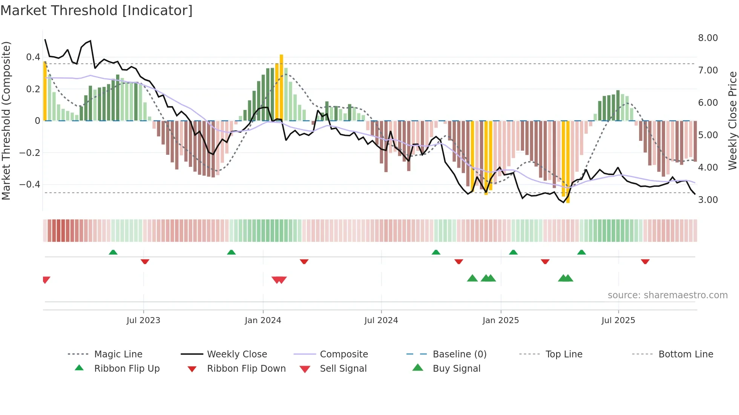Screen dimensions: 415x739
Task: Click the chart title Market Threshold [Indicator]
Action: [97, 11]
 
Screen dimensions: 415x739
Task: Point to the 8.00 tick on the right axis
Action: [708, 38]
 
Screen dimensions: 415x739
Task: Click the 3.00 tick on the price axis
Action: [708, 200]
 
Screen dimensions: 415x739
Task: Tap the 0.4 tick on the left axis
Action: [33, 57]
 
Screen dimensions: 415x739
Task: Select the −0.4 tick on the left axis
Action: [30, 185]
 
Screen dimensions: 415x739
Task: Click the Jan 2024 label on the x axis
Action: [263, 320]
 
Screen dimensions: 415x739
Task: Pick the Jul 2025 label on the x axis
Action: [618, 320]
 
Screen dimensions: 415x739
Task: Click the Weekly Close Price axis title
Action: [732, 121]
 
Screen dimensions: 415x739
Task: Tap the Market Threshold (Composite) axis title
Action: [6, 121]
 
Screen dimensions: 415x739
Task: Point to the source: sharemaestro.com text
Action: [667, 295]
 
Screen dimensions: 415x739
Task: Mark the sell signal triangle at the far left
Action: [46, 280]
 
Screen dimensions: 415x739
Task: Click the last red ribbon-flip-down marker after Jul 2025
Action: [645, 261]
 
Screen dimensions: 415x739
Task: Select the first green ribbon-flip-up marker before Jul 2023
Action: [113, 252]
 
